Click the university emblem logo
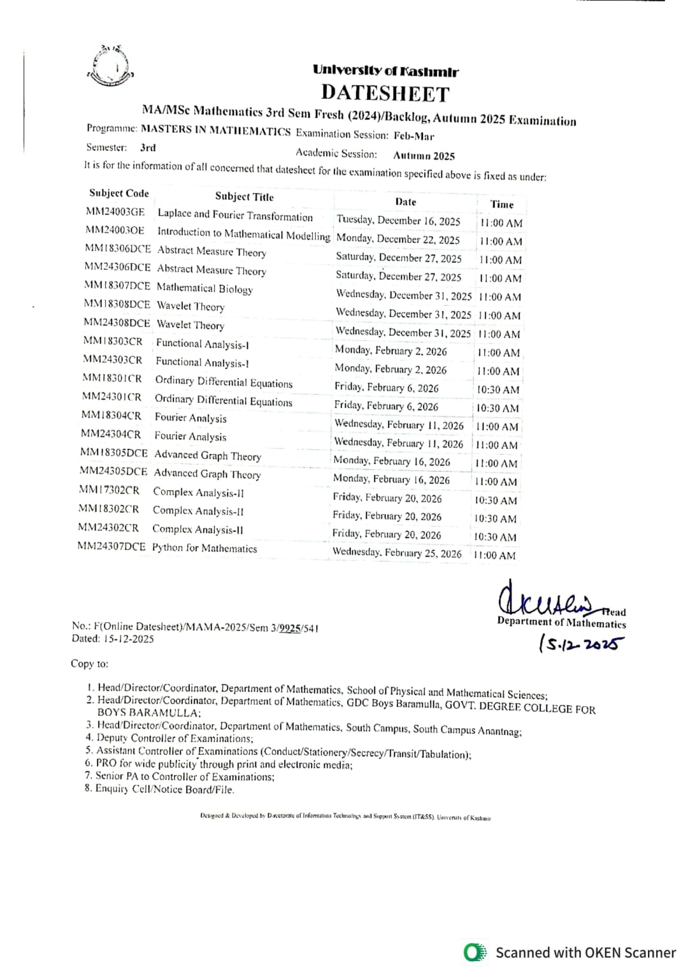111,66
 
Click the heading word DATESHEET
385,94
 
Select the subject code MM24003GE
115,212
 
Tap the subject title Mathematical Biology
204,288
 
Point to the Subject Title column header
244,196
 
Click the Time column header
501,204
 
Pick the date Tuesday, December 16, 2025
398,221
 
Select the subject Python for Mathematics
204,548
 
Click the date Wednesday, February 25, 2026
396,553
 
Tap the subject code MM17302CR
109,490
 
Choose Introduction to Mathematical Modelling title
243,234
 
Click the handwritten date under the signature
580,644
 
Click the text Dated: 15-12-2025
113,639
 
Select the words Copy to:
90,664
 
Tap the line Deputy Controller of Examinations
174,738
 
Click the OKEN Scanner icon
475,952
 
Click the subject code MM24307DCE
111,546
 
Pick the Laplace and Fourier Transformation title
235,215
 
